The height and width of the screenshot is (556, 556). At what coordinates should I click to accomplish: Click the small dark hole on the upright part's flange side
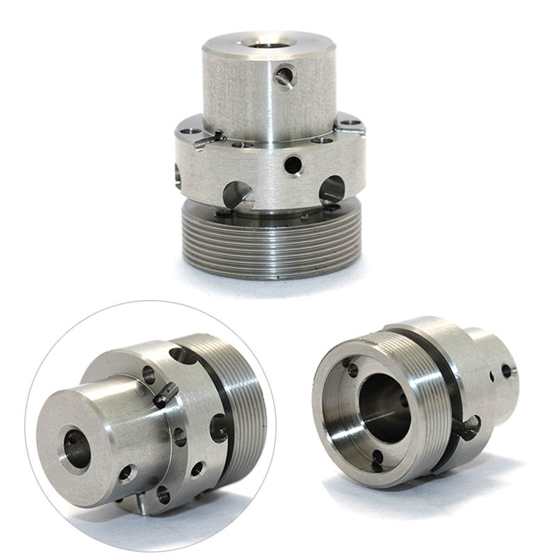[x=293, y=165]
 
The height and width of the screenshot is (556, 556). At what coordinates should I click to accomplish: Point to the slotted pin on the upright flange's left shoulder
[x=208, y=138]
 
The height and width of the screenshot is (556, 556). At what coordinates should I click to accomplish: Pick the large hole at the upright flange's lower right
[x=332, y=189]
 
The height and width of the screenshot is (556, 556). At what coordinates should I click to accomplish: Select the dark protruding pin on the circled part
[x=166, y=395]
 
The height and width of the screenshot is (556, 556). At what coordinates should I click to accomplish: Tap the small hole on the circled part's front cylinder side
[x=126, y=474]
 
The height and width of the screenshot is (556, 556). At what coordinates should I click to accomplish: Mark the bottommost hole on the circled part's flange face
[x=163, y=495]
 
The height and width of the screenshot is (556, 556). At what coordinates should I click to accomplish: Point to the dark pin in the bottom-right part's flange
[x=464, y=428]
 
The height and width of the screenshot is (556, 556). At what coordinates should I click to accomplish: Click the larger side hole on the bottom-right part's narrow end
[x=509, y=371]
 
